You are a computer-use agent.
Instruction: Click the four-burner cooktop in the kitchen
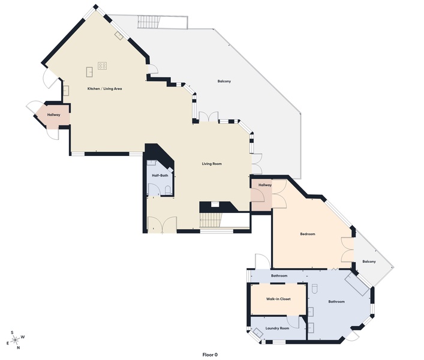(103, 65)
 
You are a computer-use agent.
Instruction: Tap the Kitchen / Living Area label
(105, 89)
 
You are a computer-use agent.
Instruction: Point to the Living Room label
(212, 163)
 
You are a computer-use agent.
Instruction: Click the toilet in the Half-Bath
(167, 189)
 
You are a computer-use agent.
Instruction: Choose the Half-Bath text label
(160, 175)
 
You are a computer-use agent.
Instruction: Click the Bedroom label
(308, 234)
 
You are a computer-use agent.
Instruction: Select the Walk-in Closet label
(278, 298)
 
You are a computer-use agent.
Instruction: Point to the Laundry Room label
(277, 328)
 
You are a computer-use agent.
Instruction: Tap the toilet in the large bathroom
(313, 289)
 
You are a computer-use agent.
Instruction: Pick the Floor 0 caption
(209, 355)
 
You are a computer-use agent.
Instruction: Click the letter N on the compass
(18, 347)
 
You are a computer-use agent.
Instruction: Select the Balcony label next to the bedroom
(369, 261)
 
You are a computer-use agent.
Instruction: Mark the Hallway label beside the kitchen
(54, 114)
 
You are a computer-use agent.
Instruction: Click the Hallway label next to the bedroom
(265, 185)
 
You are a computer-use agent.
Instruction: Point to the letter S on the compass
(12, 332)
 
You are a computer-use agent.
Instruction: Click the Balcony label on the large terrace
(224, 81)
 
